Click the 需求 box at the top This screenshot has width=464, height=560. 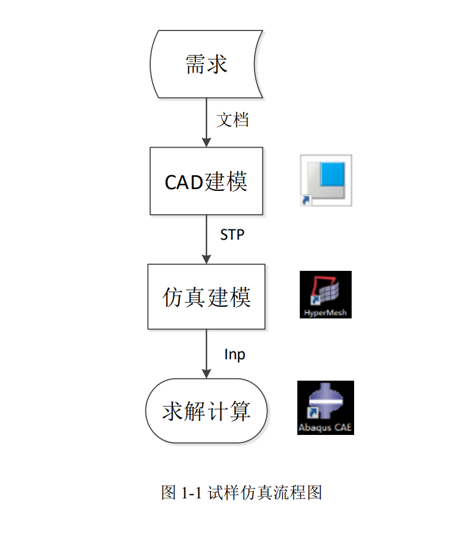[206, 63]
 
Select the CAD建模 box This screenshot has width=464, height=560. [206, 181]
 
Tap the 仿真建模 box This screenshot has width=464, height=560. [206, 297]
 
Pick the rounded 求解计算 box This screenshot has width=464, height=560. [206, 411]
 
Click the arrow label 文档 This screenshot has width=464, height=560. [233, 120]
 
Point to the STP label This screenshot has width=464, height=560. [232, 234]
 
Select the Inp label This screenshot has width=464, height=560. [234, 354]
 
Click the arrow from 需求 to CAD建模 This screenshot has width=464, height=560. [206, 122]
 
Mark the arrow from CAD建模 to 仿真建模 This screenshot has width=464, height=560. [206, 239]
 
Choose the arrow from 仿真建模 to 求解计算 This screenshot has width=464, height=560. [206, 354]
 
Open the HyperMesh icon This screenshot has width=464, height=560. [325, 295]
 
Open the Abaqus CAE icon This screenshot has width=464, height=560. [325, 407]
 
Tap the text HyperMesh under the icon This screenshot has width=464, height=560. [325, 313]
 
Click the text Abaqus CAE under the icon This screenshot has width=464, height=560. [325, 428]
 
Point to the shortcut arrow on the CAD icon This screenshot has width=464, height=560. [305, 200]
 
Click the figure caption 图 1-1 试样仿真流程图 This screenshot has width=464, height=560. [241, 493]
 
